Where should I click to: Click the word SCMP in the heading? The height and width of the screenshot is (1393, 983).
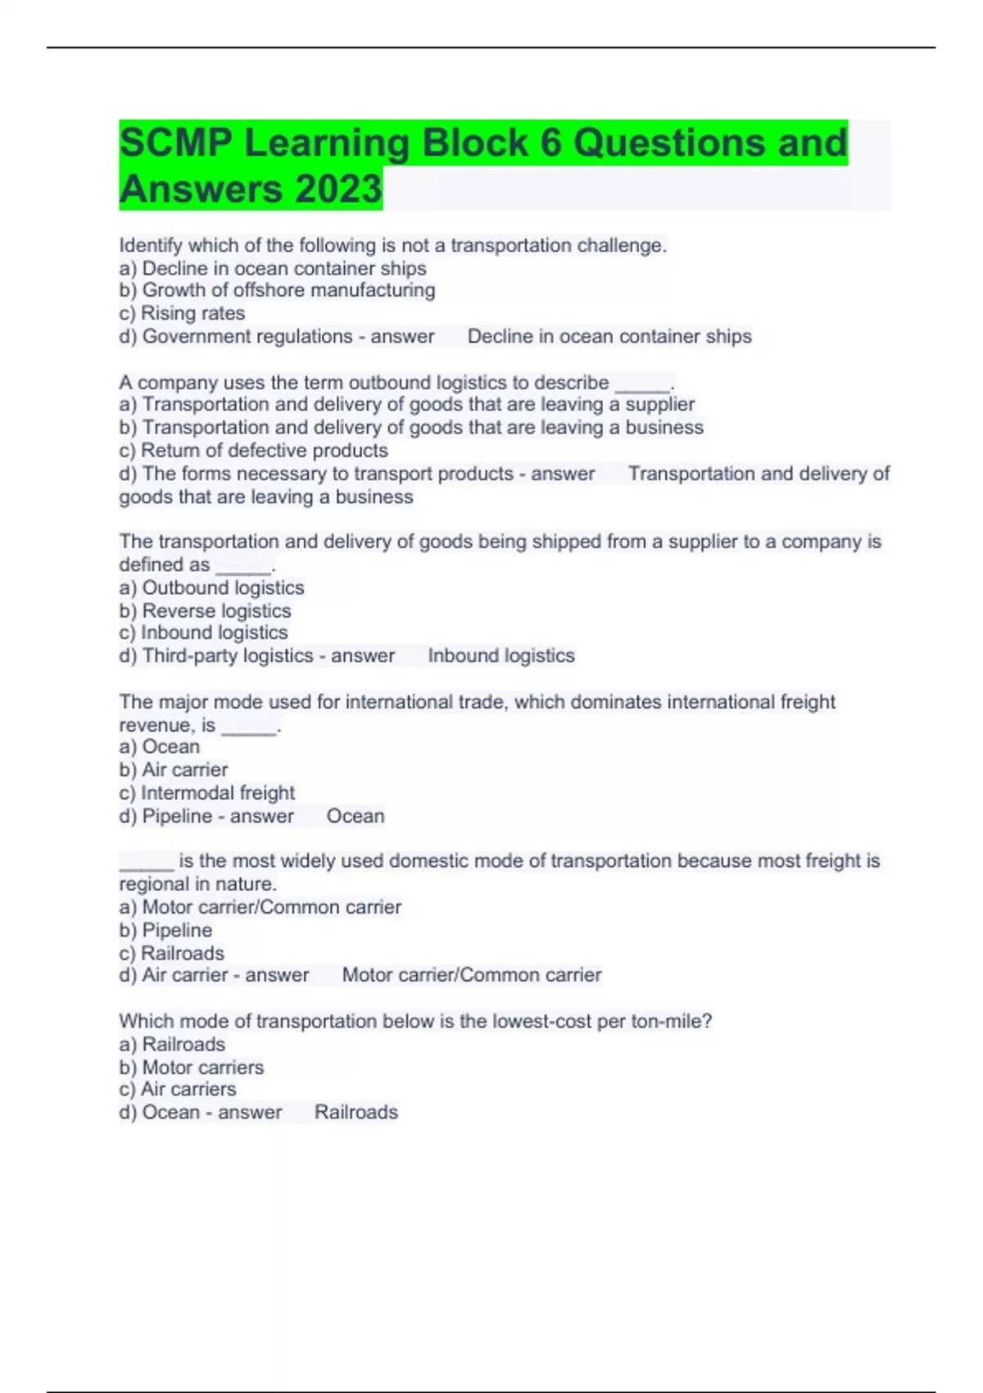[x=175, y=143]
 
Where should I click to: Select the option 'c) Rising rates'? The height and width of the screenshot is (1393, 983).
[x=182, y=313]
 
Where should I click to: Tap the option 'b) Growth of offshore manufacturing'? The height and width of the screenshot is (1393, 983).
[x=277, y=290]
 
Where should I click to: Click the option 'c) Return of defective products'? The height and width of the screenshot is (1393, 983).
[x=253, y=450]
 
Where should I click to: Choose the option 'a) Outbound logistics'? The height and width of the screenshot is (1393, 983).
[x=211, y=588]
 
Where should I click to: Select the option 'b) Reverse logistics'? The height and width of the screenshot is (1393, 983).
[x=205, y=610]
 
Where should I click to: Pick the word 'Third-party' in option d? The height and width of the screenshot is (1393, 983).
[x=188, y=656]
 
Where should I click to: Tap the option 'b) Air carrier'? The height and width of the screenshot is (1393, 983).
[x=173, y=769]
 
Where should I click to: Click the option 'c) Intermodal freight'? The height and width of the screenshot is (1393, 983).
[x=206, y=792]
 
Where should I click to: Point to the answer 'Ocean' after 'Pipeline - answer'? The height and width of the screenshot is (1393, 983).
[x=355, y=816]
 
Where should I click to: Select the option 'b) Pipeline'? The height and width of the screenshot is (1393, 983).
[x=165, y=930]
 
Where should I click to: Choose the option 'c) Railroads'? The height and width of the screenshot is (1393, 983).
[x=171, y=953]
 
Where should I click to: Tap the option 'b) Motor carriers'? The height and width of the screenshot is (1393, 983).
[x=191, y=1067]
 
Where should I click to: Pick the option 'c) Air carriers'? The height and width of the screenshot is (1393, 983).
[x=177, y=1089]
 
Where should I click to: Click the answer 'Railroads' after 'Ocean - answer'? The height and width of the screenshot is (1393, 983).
[x=356, y=1112]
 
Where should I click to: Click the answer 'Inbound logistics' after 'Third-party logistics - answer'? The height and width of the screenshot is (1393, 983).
[x=501, y=656]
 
